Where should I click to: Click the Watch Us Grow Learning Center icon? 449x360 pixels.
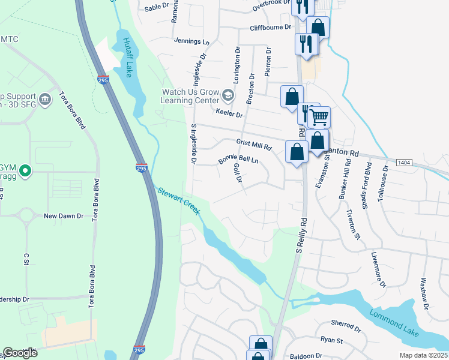[x=228, y=95]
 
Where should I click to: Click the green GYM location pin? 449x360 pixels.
[x=25, y=172]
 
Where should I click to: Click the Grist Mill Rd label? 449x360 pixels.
[x=254, y=144]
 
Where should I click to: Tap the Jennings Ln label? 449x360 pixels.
[x=191, y=42]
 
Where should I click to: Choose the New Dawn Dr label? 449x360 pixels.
[x=62, y=215]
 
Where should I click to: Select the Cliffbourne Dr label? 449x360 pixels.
[x=271, y=28]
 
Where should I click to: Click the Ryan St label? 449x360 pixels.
[x=331, y=340]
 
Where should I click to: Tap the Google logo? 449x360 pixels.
[x=19, y=353]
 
